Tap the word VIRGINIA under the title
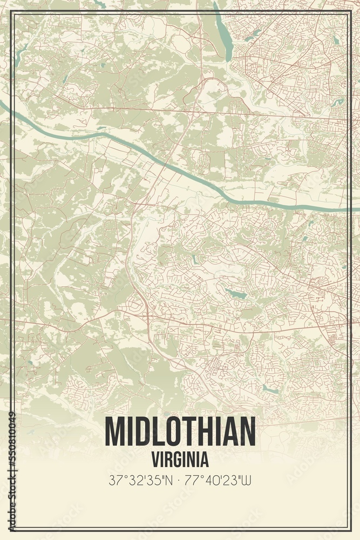(180, 460)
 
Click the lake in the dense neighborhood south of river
(235, 294)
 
